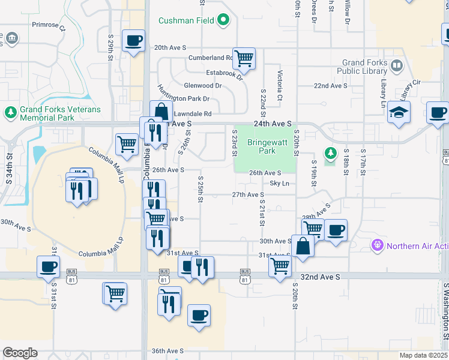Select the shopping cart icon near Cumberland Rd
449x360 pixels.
point(244,58)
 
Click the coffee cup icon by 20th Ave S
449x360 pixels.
point(133,41)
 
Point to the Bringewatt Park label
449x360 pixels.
point(262,146)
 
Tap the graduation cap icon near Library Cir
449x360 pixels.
point(399,112)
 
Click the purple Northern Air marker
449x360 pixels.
point(377,245)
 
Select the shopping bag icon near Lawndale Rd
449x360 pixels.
point(161,111)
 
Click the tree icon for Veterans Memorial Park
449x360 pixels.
point(10,112)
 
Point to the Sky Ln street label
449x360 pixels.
point(280,183)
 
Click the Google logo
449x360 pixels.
point(20,353)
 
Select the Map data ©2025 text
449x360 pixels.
point(423,355)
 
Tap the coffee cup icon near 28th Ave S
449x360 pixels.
point(336,230)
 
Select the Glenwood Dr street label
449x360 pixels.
point(202,85)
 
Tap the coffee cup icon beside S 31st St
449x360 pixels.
point(48,267)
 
